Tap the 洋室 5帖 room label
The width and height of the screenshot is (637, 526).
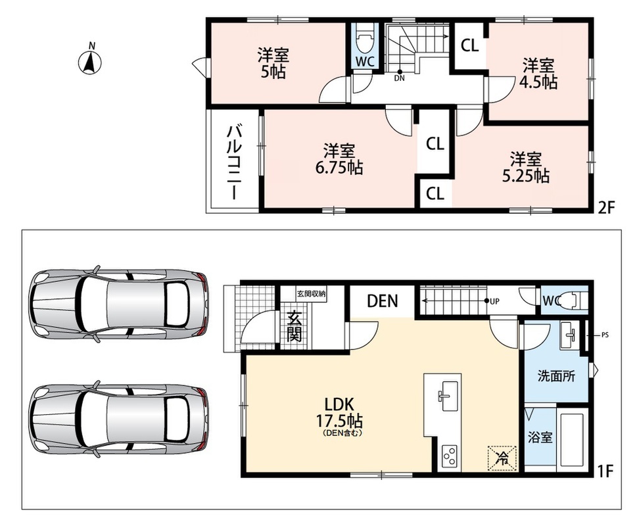coord(272,63)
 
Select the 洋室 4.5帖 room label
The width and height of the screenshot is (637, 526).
coord(538,74)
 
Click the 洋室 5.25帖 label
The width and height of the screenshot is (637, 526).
coord(526,168)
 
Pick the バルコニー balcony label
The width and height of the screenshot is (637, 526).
coord(234,162)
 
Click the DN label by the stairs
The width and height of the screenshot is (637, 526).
coord(399,79)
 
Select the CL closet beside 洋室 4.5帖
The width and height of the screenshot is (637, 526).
coord(469,45)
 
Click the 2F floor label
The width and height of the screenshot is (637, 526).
coord(606,208)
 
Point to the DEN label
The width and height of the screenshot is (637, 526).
coord(383,301)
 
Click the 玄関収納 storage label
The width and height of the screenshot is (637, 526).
coord(312,294)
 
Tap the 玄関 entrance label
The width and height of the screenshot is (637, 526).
coord(295,326)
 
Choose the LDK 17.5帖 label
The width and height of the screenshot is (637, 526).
coord(340,415)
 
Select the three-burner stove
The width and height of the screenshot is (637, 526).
coord(449,458)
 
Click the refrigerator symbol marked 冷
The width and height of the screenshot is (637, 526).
coord(502,458)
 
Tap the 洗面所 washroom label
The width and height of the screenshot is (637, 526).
coord(556,377)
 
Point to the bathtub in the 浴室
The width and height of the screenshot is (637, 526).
coord(573,439)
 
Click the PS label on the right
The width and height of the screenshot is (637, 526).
coord(605,335)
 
